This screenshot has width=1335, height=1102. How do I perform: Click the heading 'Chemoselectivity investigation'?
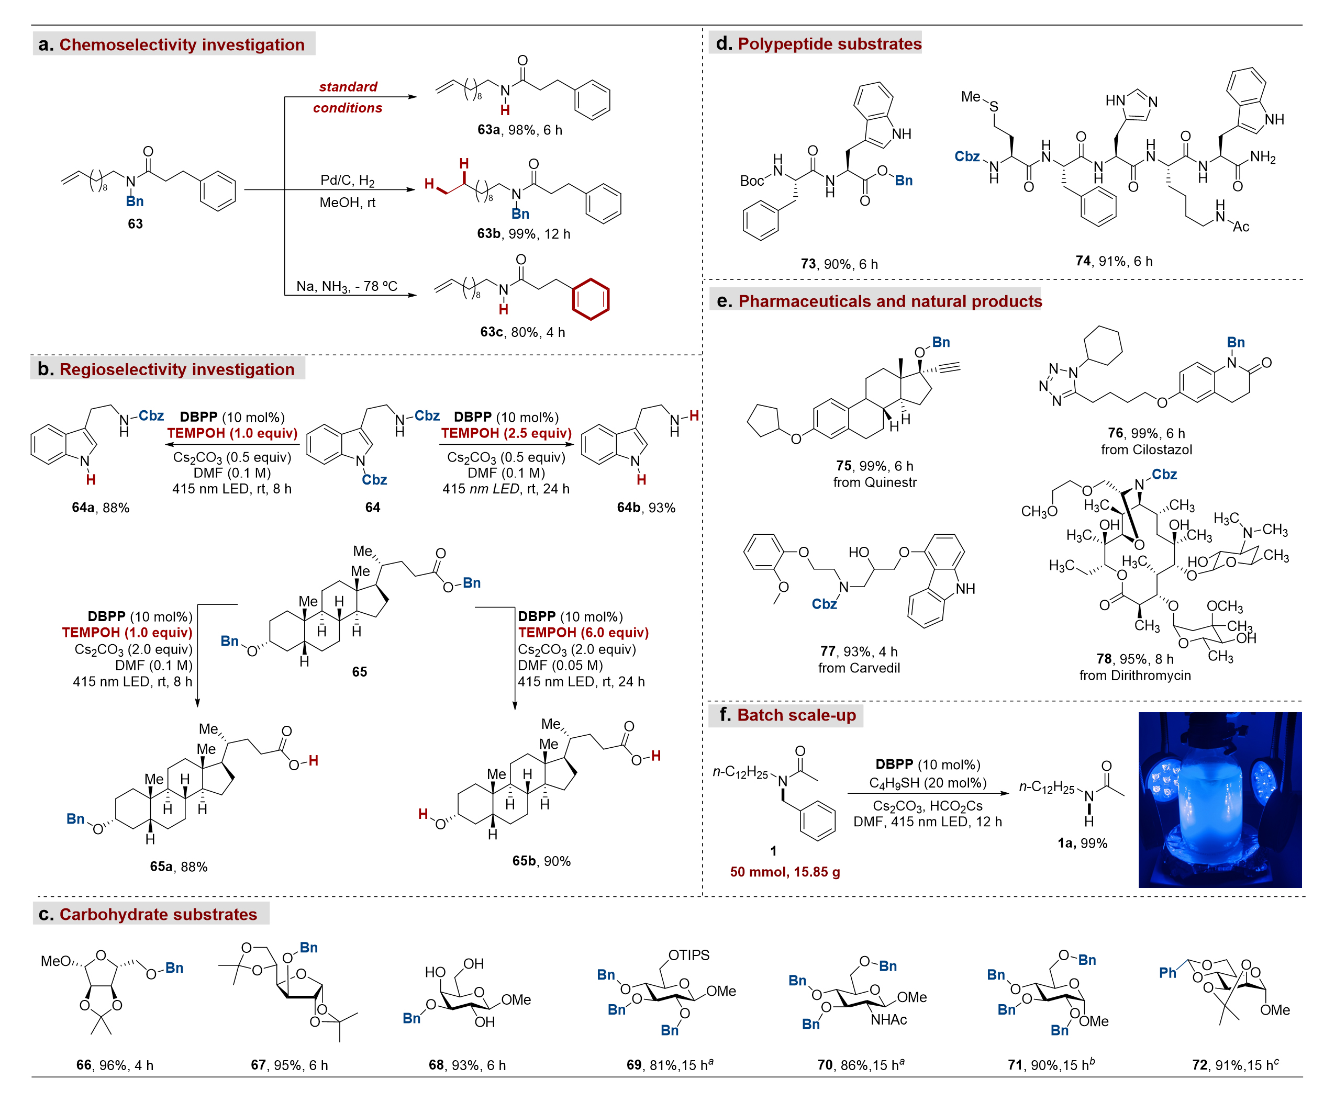(182, 44)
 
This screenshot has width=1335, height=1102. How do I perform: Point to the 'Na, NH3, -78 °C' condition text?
(347, 286)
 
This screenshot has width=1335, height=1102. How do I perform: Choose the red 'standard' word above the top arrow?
(348, 86)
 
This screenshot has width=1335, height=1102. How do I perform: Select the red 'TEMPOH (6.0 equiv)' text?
(583, 632)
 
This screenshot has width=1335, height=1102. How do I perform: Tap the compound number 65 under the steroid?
(360, 671)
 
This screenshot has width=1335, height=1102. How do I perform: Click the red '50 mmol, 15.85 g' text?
(785, 872)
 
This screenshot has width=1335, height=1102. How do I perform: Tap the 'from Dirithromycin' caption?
(1135, 676)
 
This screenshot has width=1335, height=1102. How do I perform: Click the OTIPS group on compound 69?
(689, 955)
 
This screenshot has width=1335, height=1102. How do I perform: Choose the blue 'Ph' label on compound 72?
(1167, 973)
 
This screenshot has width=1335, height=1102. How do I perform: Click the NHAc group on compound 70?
(888, 1019)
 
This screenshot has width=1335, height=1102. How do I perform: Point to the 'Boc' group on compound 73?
(752, 181)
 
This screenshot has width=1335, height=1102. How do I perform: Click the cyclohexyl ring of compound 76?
(1103, 345)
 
